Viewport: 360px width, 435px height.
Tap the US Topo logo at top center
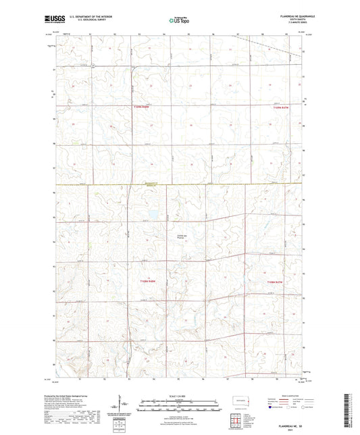[178, 21]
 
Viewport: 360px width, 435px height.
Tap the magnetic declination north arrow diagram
[121, 405]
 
